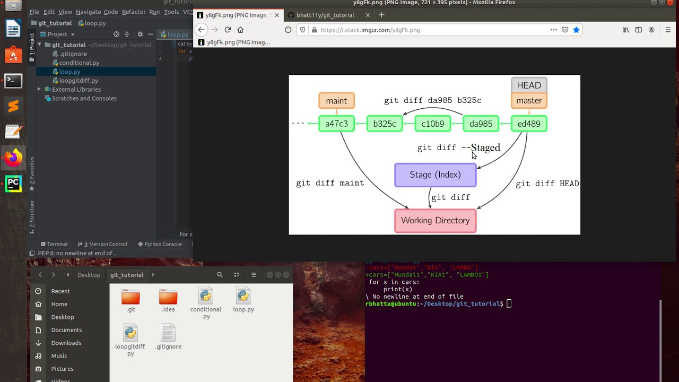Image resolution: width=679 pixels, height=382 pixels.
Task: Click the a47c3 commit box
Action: [336, 124]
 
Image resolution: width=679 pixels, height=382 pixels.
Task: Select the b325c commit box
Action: [385, 124]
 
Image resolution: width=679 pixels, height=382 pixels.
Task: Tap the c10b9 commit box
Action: [432, 124]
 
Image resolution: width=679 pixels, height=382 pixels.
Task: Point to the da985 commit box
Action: [481, 124]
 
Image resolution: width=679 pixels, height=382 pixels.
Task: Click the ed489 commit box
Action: [529, 124]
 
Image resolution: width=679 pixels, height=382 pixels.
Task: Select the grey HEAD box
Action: [529, 85]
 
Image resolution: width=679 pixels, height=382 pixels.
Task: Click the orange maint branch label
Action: [336, 101]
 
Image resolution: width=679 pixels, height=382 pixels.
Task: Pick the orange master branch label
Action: [529, 101]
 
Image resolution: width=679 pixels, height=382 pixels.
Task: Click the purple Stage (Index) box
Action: [435, 175]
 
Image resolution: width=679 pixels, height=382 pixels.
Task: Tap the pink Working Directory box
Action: [435, 221]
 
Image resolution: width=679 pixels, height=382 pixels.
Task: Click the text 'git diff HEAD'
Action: [547, 184]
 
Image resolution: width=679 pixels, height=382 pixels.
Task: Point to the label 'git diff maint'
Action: [330, 183]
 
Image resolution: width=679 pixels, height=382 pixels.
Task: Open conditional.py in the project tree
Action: [79, 63]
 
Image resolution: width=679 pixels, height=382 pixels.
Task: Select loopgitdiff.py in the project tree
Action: [79, 81]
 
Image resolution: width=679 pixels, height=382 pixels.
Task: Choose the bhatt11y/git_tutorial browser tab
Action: [325, 15]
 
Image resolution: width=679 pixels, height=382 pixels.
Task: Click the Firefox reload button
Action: [228, 30]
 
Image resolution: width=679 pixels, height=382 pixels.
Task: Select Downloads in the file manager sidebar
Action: [66, 343]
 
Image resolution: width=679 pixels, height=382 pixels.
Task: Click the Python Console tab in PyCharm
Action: [163, 244]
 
